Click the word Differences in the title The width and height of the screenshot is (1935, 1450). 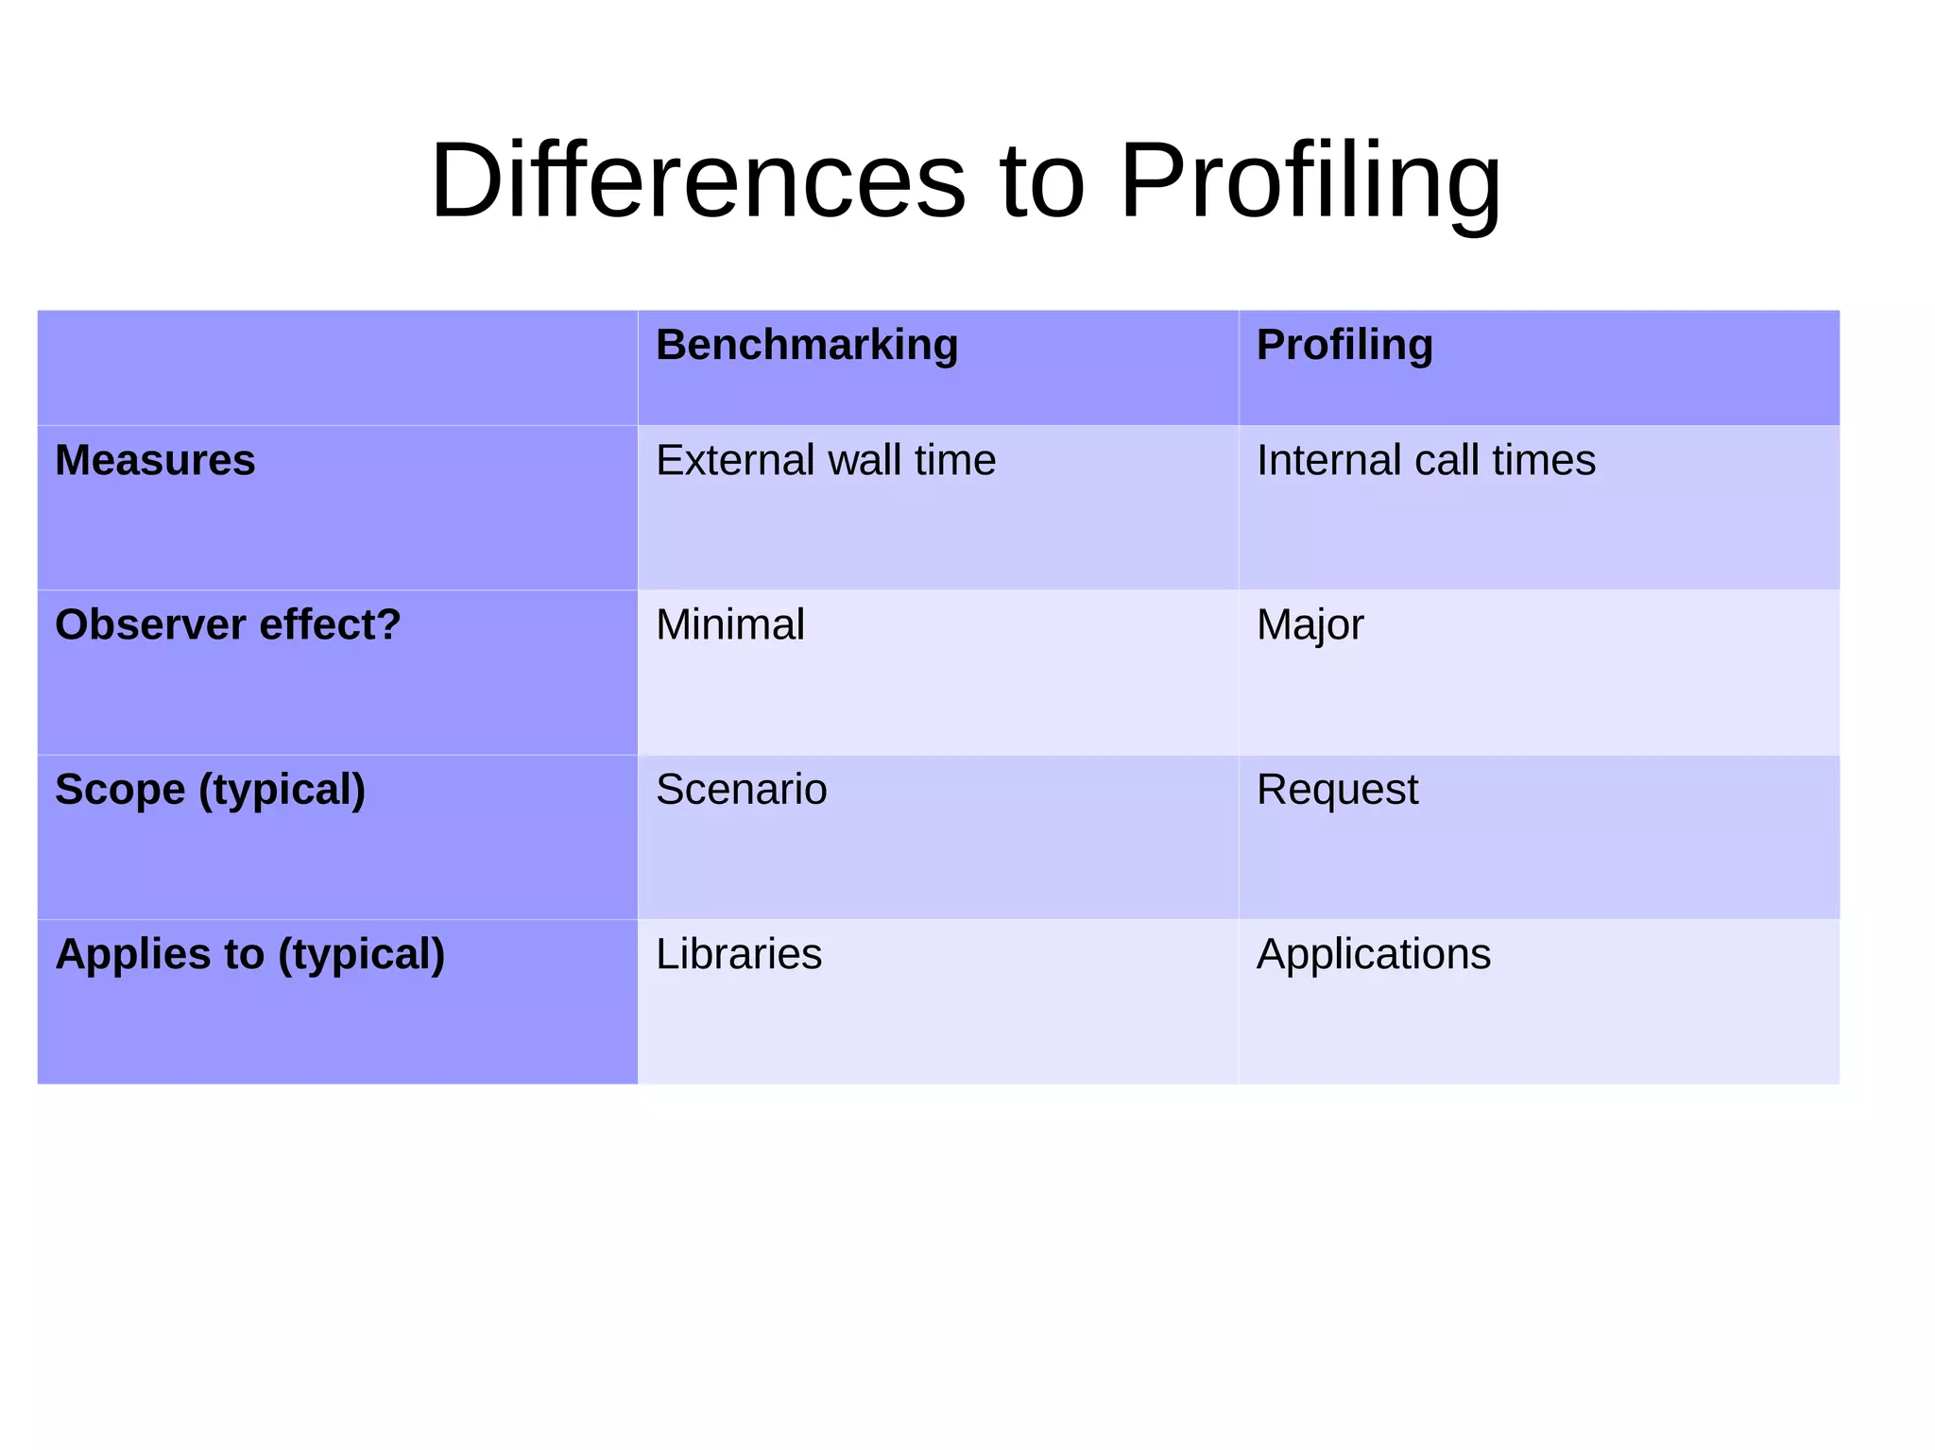point(697,179)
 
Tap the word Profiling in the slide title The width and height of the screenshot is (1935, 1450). point(1310,179)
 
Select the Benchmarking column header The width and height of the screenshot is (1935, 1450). point(807,345)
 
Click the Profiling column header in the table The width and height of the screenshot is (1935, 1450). point(1344,345)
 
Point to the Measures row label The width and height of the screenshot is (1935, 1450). point(155,461)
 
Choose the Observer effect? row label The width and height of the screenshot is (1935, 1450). point(228,625)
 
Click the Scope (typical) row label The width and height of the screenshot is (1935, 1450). point(210,790)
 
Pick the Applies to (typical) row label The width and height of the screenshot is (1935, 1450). point(249,954)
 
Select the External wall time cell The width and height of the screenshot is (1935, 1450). point(826,461)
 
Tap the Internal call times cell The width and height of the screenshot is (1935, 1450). point(1426,461)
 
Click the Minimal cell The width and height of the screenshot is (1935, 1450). point(730,625)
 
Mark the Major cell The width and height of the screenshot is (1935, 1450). point(1310,625)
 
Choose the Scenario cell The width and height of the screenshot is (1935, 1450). point(742,790)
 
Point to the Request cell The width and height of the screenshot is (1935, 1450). point(1337,790)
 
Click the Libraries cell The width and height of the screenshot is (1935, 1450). point(739,954)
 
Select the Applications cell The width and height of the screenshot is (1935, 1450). point(1374,954)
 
